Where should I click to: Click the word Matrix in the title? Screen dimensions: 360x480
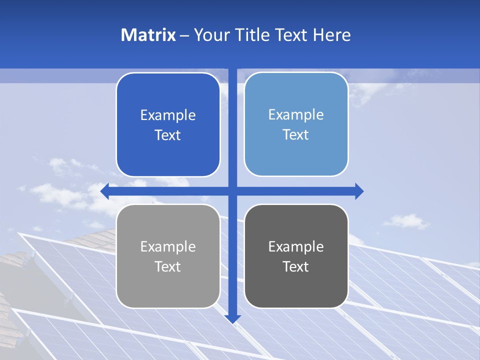pyautogui.click(x=148, y=35)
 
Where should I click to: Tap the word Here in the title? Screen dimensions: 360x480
pyautogui.click(x=332, y=35)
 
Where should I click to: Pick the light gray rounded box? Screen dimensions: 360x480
pyautogui.click(x=168, y=290)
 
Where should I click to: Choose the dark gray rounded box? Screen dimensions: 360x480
pyautogui.click(x=296, y=290)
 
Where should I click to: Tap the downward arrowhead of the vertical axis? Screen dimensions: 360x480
pyautogui.click(x=232, y=318)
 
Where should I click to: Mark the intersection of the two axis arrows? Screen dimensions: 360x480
pyautogui.click(x=232, y=191)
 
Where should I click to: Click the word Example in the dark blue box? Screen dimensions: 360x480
pyautogui.click(x=168, y=115)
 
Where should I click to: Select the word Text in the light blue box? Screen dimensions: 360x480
pyautogui.click(x=295, y=135)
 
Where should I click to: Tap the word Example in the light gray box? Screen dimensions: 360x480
pyautogui.click(x=168, y=246)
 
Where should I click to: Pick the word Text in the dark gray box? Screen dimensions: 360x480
pyautogui.click(x=295, y=266)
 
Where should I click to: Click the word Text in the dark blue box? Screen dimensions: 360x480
pyautogui.click(x=167, y=135)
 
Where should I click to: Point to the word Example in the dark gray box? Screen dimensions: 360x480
pyautogui.click(x=296, y=246)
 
